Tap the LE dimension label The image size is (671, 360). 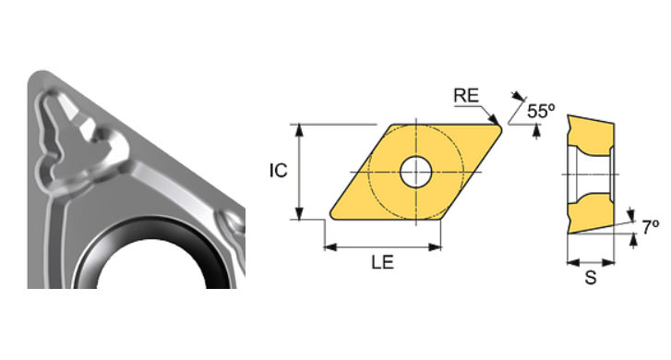(x=382, y=262)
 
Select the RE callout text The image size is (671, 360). (x=466, y=95)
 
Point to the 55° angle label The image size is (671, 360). (x=542, y=111)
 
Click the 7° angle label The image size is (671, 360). (x=651, y=225)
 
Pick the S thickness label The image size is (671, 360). (x=590, y=277)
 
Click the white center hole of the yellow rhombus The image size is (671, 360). (x=415, y=171)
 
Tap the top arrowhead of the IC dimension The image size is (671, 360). (x=300, y=128)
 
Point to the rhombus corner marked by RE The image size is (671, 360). (x=499, y=127)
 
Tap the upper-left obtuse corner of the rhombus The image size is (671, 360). (x=391, y=126)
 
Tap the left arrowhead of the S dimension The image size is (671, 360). (x=569, y=259)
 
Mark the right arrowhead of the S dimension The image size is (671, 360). (x=611, y=259)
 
